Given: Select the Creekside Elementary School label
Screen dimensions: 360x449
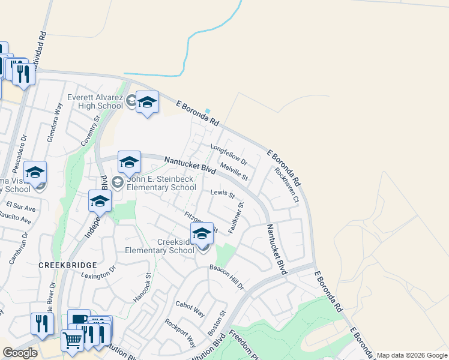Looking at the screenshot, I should coord(159,247).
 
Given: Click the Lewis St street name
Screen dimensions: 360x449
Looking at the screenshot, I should coord(222,193).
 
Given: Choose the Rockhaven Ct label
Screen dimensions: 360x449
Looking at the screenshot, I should coord(286,185).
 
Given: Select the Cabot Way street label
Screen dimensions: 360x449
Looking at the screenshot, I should coord(190,309).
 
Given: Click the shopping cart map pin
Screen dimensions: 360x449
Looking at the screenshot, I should coord(72,340).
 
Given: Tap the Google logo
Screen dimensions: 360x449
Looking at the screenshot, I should coord(20,353).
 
